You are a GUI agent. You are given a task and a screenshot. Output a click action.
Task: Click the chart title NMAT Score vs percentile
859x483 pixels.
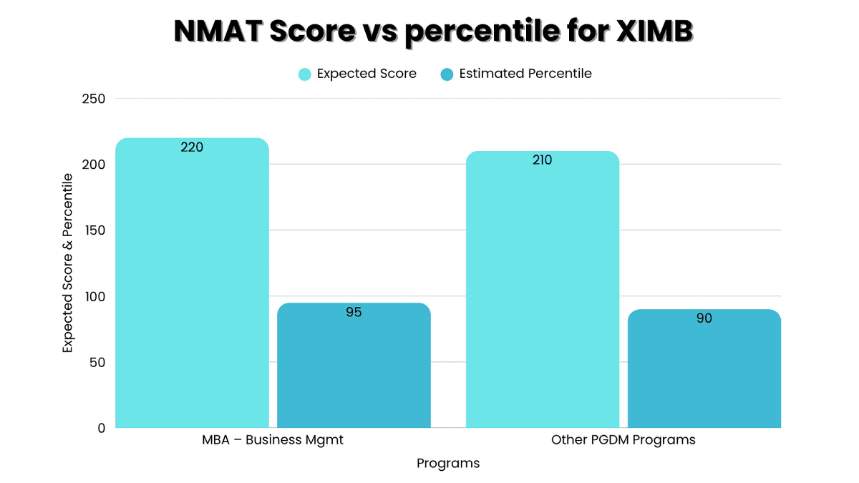pos(435,31)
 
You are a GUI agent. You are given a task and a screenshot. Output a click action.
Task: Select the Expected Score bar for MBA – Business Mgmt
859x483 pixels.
pos(192,286)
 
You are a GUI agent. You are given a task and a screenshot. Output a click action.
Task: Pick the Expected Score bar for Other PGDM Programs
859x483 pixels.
pos(542,293)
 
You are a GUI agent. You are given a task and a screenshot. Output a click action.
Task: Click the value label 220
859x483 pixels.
pos(192,147)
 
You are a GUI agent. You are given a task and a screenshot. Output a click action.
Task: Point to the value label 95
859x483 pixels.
pos(354,312)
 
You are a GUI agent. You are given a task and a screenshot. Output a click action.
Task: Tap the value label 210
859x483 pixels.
pos(542,160)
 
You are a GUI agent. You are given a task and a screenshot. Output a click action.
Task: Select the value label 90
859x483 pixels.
pos(704,318)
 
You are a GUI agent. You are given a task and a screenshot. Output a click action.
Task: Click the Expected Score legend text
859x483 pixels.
pos(367,74)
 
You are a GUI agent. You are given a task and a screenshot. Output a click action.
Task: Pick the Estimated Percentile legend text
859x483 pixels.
pos(525,74)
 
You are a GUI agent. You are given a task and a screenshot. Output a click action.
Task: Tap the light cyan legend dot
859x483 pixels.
pos(305,74)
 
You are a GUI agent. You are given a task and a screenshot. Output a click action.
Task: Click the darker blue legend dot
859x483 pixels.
pos(447,74)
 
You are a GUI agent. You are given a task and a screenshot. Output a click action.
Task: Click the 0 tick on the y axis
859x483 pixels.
pos(102,428)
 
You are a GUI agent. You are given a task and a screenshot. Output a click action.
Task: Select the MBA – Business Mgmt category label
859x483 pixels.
pos(273,440)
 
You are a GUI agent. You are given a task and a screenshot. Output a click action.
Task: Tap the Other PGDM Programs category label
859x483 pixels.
pos(623,440)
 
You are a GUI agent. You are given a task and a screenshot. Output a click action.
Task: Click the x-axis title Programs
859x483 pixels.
pos(448,464)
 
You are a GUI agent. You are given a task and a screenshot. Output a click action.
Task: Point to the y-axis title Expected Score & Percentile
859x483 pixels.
pos(68,263)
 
